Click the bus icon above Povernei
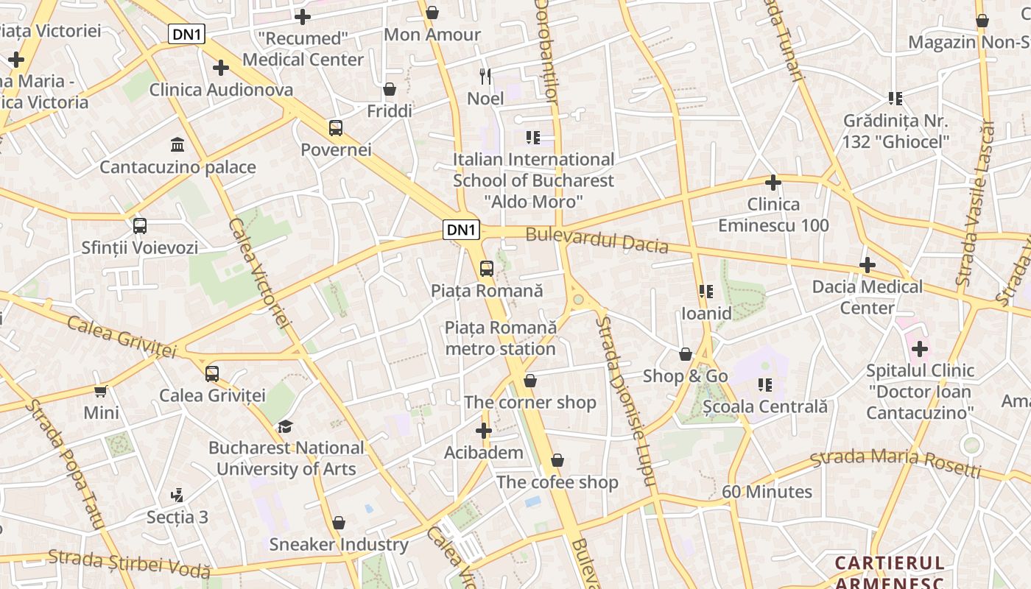point(336,128)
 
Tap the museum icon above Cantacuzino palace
point(177,144)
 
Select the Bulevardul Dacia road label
point(597,240)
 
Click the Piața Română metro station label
point(500,338)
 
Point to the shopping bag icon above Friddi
point(390,90)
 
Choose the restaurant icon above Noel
point(485,76)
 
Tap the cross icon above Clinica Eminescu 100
point(773,183)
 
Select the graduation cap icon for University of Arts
point(285,426)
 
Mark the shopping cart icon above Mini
point(101,392)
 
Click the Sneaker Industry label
point(339,545)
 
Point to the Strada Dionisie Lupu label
point(624,401)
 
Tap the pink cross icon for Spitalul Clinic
point(920,348)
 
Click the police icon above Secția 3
point(177,495)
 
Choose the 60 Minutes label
point(767,492)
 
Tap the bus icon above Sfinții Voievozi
point(140,226)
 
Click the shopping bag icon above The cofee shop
point(557,461)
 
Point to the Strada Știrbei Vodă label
point(130,564)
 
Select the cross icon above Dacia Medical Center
point(868,265)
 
